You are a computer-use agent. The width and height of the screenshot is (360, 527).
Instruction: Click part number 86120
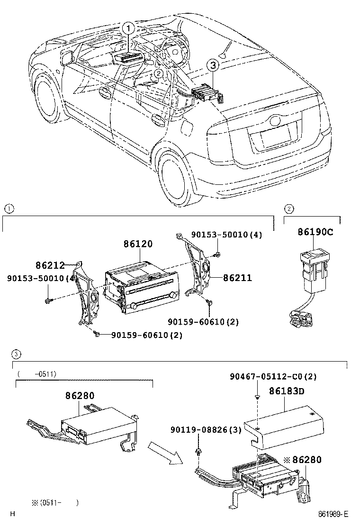click(x=138, y=244)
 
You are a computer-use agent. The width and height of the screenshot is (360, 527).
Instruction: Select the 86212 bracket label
click(x=50, y=265)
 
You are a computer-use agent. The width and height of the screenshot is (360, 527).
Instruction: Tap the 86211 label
click(x=237, y=278)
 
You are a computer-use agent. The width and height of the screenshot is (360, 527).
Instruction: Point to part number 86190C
click(x=315, y=232)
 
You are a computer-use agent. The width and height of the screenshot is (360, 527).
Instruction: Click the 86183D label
click(x=287, y=391)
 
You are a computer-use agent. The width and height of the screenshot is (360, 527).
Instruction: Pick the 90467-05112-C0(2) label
click(x=273, y=376)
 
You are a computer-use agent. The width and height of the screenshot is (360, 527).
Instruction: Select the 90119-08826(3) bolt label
click(x=206, y=429)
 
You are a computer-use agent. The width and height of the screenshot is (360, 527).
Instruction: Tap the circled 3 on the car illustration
click(x=214, y=65)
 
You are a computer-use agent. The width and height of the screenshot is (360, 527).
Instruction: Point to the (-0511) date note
click(x=37, y=374)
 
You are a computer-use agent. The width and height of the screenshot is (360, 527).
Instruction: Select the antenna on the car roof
click(x=226, y=49)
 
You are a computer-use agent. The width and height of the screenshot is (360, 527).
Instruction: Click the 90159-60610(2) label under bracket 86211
click(x=204, y=322)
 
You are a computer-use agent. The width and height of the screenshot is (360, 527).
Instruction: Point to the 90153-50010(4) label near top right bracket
click(x=227, y=235)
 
